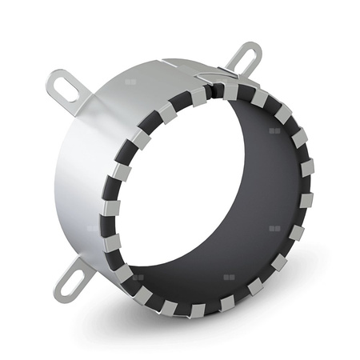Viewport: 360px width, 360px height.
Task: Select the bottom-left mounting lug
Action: point(70,276)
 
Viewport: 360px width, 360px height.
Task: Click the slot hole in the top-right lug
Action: point(247,57)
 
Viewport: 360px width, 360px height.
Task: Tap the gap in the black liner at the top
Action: point(211,90)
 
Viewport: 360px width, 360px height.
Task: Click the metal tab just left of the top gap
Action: point(198,97)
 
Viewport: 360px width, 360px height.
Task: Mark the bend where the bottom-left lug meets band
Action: point(90,260)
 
